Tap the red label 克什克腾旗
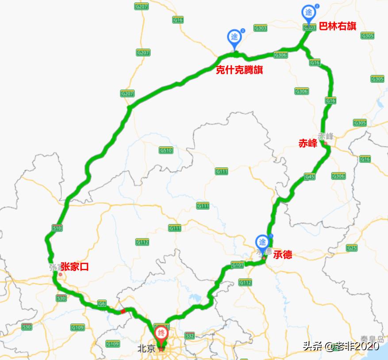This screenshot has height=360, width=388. pyautogui.click(x=239, y=70)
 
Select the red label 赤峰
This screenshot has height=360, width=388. pyautogui.click(x=308, y=143)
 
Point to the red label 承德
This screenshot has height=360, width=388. pyautogui.click(x=282, y=255)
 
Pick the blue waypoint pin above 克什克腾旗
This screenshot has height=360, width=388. pyautogui.click(x=234, y=38)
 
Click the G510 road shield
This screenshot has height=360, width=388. pyautogui.click(x=166, y=150)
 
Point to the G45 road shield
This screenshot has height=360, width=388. pyautogui.click(x=310, y=177)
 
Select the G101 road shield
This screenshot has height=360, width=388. pyautogui.click(x=237, y=265)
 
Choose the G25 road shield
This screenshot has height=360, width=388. pyautogui.click(x=352, y=248)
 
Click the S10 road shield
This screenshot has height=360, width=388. pyautogui.click(x=57, y=228)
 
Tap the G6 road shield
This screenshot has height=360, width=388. pyautogui.click(x=102, y=303)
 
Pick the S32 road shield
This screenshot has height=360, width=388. pyautogui.click(x=190, y=336)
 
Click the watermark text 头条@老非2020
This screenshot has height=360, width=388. pyautogui.click(x=341, y=346)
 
